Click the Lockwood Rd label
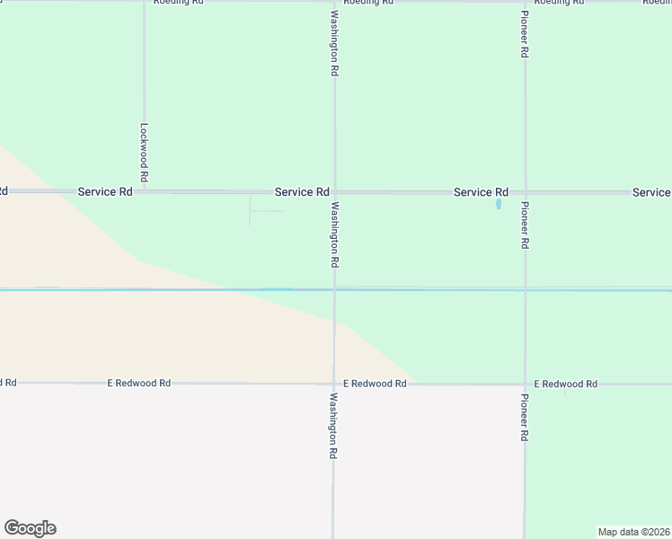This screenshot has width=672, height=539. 144,153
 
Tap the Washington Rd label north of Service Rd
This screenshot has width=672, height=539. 334,42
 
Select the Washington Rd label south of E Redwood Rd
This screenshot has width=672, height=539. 333,427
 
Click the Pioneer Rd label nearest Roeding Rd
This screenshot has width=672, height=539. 525,34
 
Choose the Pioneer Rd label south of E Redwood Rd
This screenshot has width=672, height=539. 525,417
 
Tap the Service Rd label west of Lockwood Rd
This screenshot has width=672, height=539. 105,192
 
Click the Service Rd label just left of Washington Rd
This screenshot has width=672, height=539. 302,192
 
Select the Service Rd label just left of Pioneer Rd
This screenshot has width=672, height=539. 481,192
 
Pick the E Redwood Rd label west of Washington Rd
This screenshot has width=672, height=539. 139,384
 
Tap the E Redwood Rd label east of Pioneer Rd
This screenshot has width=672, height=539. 565,384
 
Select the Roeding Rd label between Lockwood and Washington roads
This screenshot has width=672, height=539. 179,2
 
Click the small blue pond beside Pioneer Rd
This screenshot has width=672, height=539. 499,204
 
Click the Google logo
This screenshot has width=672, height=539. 30,528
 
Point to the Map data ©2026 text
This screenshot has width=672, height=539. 634,532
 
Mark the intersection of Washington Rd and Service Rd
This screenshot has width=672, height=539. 334,192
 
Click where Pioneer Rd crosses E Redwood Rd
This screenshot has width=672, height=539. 525,384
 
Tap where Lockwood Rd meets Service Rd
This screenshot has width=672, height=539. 144,191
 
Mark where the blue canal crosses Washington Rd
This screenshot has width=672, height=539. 334,289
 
